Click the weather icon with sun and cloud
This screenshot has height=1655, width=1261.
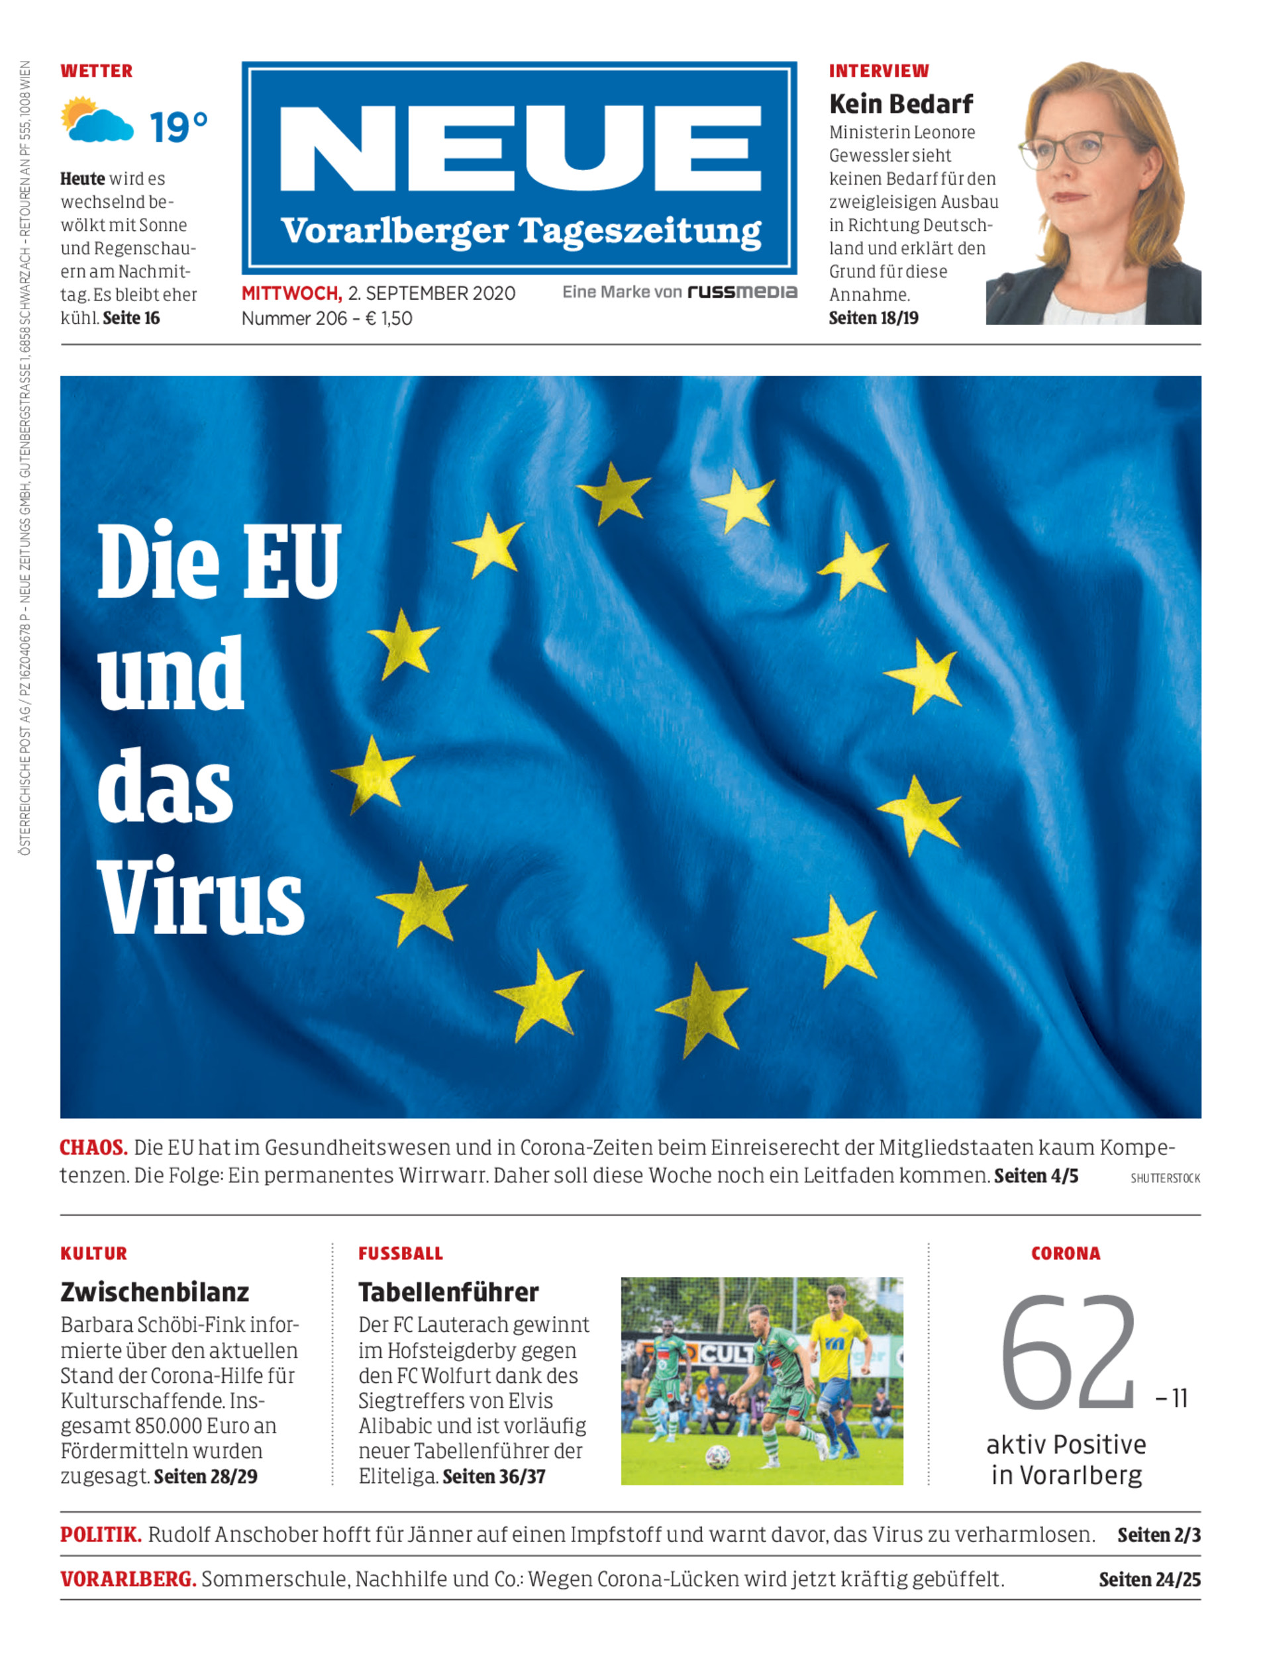coord(96,120)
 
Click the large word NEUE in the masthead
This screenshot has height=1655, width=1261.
coord(519,148)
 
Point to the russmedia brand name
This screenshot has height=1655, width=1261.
coord(742,292)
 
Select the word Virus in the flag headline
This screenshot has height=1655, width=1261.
coord(201,897)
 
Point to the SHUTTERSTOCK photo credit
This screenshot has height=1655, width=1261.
coord(1165,1178)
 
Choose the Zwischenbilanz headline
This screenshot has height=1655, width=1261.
coord(154,1292)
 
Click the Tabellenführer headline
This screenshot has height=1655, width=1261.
coord(448,1292)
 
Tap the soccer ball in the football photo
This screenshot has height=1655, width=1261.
coord(717,1457)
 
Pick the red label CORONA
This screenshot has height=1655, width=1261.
coord(1065,1254)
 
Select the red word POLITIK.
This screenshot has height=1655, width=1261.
coord(101,1535)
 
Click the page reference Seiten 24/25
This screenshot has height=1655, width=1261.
coord(1149,1580)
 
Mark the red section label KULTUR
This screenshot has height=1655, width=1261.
coord(94,1254)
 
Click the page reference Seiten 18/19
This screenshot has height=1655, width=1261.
coord(873,318)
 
